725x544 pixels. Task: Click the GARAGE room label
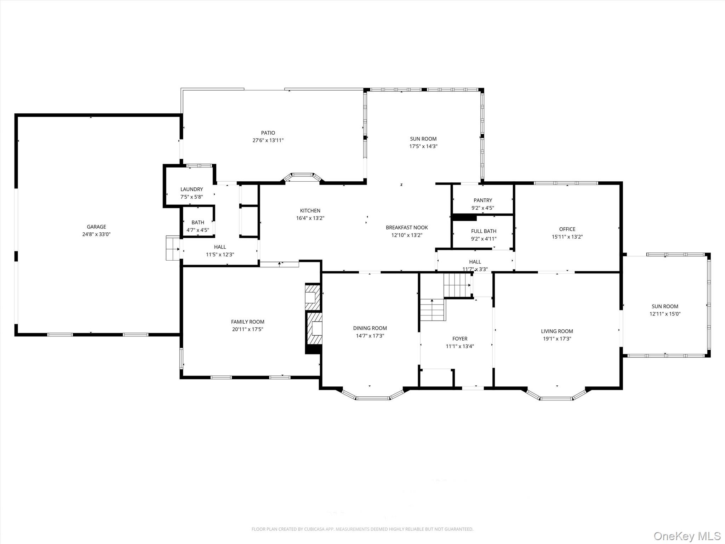(x=96, y=227)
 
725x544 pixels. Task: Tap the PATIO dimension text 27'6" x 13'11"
(x=268, y=140)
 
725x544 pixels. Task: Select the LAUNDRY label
(x=192, y=189)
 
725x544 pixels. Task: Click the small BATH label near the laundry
(x=198, y=222)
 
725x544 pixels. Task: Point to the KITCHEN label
(x=310, y=210)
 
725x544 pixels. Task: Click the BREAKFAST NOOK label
(x=407, y=227)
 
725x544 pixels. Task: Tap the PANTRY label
(x=483, y=200)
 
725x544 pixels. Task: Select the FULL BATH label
(x=484, y=231)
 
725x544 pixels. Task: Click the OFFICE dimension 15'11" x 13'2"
(x=567, y=237)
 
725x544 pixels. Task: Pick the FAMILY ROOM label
(x=247, y=322)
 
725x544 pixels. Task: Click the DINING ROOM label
(x=370, y=328)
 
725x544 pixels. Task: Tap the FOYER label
(x=459, y=339)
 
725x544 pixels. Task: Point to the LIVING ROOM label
(x=557, y=331)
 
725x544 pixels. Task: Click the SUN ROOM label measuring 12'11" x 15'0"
(x=665, y=306)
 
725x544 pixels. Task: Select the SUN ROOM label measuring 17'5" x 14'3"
(x=423, y=139)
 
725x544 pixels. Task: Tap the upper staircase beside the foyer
(x=457, y=285)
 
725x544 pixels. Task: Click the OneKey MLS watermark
(x=687, y=536)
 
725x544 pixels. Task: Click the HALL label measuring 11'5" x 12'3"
(x=220, y=247)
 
